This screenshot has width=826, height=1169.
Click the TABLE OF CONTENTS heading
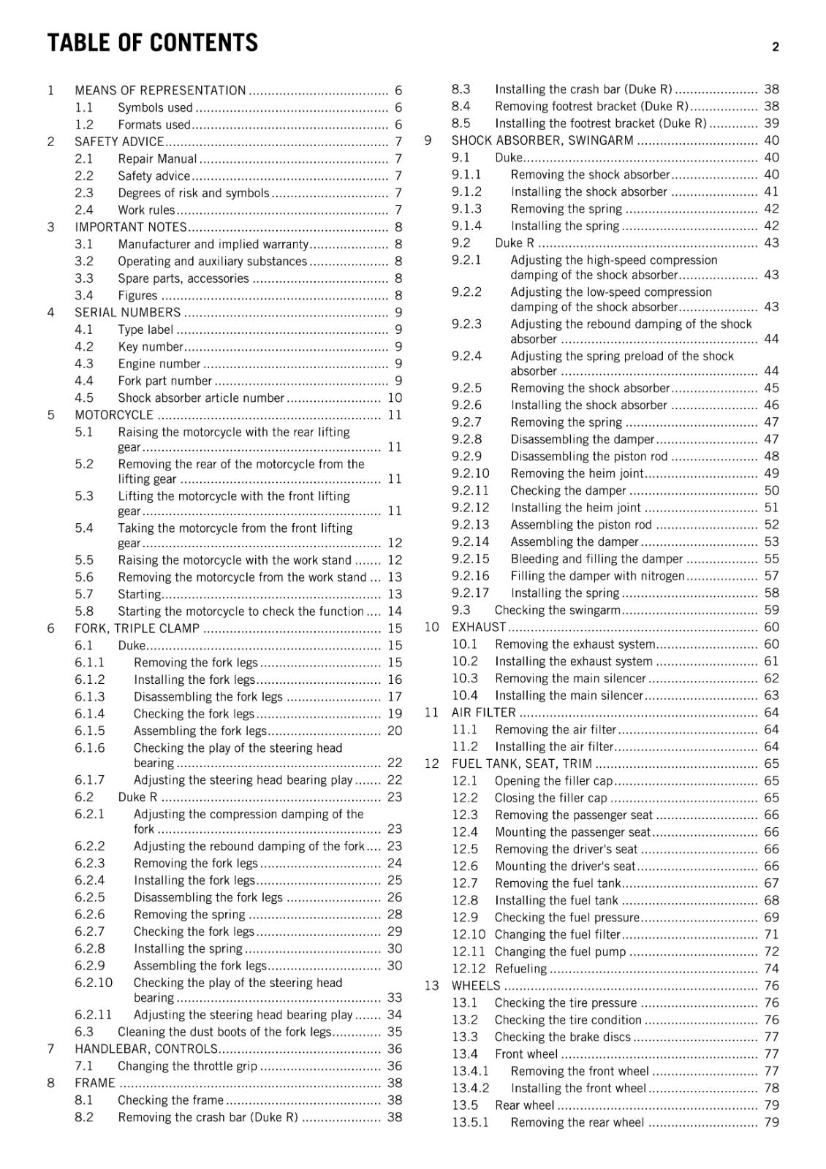pos(153,43)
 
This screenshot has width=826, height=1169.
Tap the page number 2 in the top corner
pos(775,47)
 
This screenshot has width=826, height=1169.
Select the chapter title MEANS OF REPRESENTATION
pos(160,91)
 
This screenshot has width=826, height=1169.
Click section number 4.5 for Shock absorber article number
pos(84,398)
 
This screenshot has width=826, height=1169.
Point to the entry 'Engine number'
pos(159,364)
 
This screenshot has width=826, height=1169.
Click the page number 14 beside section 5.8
pos(395,612)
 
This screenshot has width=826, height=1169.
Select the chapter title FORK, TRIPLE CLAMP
pos(137,628)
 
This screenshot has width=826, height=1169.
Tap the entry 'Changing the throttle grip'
pos(187,1066)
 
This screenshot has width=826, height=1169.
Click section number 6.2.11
pos(93,1015)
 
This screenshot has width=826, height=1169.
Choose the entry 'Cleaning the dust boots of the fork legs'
pos(224,1032)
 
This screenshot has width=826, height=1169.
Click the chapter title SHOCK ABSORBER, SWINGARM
pos(542,140)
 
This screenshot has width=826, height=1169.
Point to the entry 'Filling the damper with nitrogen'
pos(597,576)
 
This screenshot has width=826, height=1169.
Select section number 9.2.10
pos(470,473)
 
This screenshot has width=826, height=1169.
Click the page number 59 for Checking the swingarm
pos(771,610)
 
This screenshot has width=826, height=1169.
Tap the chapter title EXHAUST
pos(478,627)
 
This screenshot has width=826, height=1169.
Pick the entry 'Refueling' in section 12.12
pos(520,969)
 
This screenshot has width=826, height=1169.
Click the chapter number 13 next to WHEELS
pos(431,986)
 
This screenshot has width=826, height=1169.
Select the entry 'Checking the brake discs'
pos(562,1037)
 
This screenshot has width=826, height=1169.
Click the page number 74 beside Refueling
pos(771,969)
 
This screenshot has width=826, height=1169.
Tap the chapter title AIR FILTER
pos(483,712)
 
